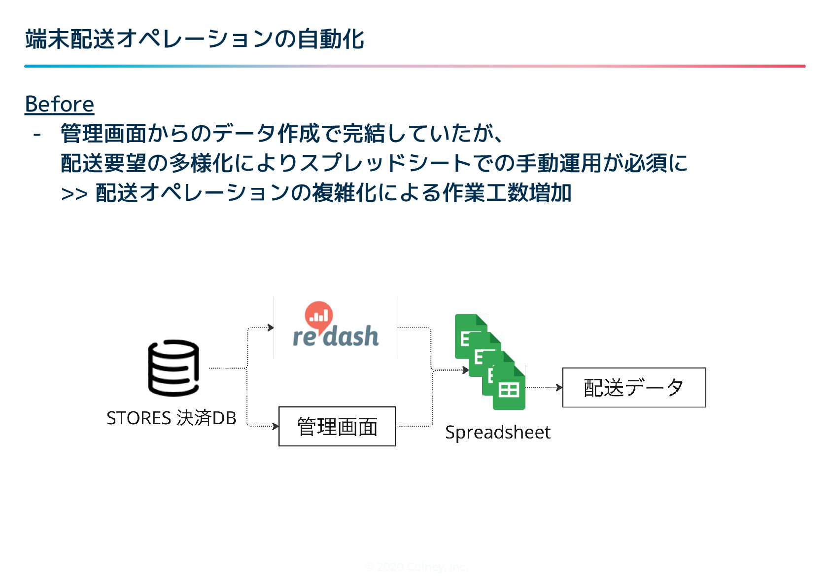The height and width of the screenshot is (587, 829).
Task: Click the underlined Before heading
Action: [59, 104]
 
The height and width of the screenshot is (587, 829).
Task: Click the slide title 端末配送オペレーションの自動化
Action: [194, 39]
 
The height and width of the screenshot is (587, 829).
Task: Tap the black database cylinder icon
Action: [173, 367]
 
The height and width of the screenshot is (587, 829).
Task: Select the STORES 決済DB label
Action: [171, 418]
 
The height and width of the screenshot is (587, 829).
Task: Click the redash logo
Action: [336, 328]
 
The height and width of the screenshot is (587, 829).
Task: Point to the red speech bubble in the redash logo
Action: [319, 315]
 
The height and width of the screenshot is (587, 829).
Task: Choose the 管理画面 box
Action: [337, 426]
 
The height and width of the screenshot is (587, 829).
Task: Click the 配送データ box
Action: [634, 387]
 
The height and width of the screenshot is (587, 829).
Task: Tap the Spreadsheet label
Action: [498, 432]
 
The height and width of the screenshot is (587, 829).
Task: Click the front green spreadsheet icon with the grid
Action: [509, 389]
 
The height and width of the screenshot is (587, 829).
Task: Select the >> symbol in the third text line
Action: [74, 194]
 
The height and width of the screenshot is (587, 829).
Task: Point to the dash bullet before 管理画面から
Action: [37, 134]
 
